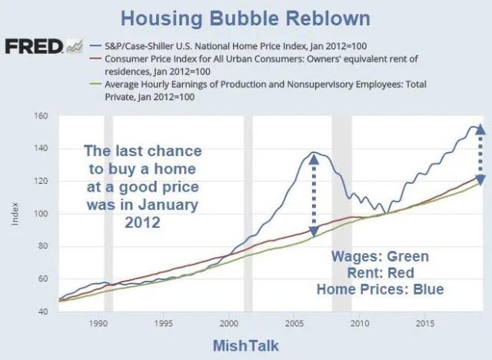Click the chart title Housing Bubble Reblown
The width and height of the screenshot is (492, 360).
246,18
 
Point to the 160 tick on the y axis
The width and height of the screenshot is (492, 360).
42,116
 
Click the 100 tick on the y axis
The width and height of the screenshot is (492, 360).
42,214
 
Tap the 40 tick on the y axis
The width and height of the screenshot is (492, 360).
42,312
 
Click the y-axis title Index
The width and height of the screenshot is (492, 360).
16,213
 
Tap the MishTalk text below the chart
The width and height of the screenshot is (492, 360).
245,345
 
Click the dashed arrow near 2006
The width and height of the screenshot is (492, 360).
312,192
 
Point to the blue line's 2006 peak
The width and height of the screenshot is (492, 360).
314,153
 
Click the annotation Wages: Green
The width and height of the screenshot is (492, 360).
379,257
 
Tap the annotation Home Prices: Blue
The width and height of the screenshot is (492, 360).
381,289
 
